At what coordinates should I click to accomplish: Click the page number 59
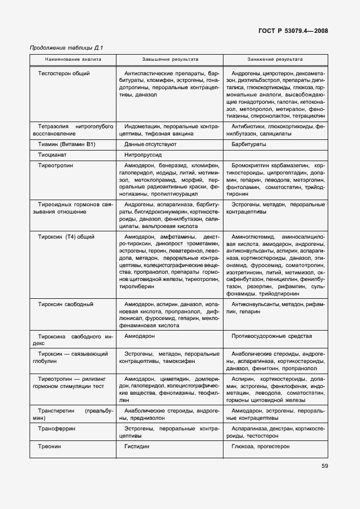[324, 467]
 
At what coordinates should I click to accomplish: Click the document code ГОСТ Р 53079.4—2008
[293, 31]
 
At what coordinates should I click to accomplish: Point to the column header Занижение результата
[275, 59]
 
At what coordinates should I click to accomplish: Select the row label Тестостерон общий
[64, 74]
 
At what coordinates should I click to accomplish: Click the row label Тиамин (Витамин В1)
[67, 144]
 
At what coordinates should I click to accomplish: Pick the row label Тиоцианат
[52, 155]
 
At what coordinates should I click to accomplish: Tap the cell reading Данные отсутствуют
[150, 144]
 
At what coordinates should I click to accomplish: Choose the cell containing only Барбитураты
[249, 144]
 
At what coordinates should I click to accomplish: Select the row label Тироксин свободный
[65, 304]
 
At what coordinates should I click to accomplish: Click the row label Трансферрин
[57, 429]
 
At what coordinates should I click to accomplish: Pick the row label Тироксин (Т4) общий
[66, 237]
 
